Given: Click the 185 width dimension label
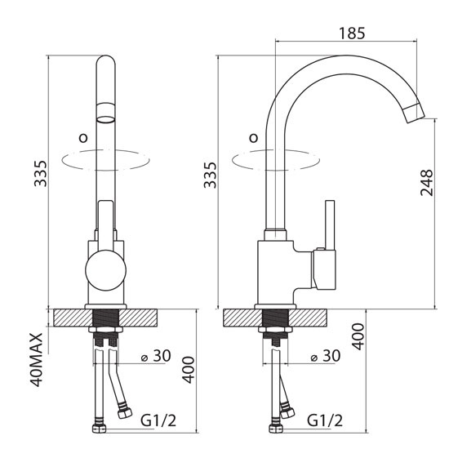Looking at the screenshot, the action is click(x=352, y=33).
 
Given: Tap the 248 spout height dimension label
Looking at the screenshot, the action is click(x=427, y=182).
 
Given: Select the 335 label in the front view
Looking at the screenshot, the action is click(x=40, y=174).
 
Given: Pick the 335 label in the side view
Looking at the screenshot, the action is click(x=210, y=175).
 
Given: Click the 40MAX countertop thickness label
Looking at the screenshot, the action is click(x=37, y=360).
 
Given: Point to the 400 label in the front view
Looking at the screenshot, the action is click(x=189, y=370).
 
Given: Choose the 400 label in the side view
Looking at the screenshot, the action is click(x=358, y=336).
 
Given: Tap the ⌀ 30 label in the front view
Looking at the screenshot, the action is click(x=157, y=356).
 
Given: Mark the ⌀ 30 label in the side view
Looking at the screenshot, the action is click(x=326, y=356).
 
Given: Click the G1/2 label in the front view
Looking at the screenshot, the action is click(x=158, y=420).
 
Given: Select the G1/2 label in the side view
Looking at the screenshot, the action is click(x=325, y=420).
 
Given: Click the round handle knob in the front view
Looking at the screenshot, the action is click(x=105, y=270).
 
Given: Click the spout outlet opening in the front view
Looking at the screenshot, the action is click(x=105, y=119).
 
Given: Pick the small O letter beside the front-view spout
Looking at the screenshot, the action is click(x=83, y=138).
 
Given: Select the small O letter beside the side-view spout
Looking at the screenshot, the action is click(x=254, y=138).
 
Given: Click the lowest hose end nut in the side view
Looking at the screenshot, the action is click(x=276, y=427).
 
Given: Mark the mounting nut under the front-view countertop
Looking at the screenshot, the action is click(x=105, y=330).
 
